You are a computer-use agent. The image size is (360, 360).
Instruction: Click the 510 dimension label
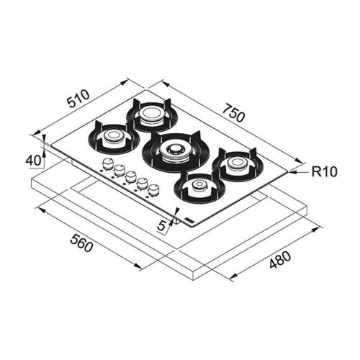tap(78, 99)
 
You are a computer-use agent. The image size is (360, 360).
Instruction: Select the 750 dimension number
tap(233, 112)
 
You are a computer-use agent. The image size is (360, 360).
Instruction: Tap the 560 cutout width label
tap(81, 243)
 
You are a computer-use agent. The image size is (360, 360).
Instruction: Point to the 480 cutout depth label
tap(280, 259)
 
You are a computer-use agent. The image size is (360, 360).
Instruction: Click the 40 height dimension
tap(33, 161)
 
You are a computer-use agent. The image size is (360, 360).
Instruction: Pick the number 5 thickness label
tap(162, 225)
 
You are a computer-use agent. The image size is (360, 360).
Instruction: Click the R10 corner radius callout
tap(325, 171)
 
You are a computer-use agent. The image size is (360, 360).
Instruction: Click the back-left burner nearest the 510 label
tap(152, 114)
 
